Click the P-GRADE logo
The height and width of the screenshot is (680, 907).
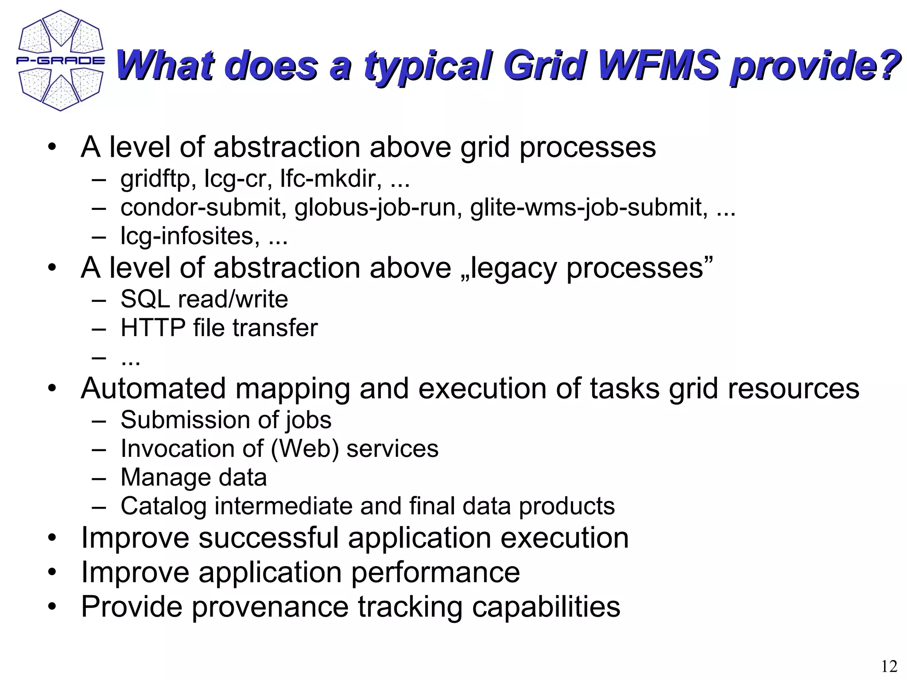pyautogui.click(x=61, y=61)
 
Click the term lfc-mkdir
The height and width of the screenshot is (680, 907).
pyautogui.click(x=330, y=178)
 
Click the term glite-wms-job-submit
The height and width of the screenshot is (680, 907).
pyautogui.click(x=589, y=207)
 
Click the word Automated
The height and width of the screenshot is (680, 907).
pyautogui.click(x=153, y=389)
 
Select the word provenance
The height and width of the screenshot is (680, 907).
pyautogui.click(x=270, y=607)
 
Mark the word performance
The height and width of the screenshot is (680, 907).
pyautogui.click(x=435, y=572)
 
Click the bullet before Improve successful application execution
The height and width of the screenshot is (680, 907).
pyautogui.click(x=52, y=538)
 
